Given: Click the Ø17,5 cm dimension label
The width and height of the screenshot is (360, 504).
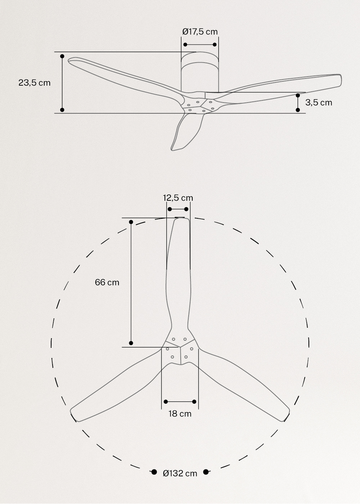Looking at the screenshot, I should [x=200, y=32].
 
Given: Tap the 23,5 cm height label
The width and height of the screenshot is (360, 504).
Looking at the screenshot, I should [x=35, y=83].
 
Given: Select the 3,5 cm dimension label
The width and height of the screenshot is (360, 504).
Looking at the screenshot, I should [x=319, y=103].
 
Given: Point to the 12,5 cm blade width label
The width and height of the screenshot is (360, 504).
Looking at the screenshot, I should [x=178, y=198].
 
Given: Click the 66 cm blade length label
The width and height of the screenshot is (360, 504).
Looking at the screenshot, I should [x=107, y=282].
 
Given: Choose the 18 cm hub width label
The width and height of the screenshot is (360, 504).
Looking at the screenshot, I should [x=180, y=414].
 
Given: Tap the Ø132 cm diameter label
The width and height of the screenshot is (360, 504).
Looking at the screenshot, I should [x=180, y=473].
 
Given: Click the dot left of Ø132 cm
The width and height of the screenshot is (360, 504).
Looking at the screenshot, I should [x=154, y=472].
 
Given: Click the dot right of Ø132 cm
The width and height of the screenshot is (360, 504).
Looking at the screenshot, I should [x=206, y=472].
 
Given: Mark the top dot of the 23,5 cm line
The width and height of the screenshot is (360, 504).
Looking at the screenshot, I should [x=62, y=56].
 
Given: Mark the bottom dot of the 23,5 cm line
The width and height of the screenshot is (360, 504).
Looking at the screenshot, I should [x=62, y=110].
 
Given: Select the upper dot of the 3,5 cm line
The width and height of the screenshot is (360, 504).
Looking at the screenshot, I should [x=298, y=96].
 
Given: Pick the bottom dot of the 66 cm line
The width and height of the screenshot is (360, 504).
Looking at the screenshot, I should [x=131, y=343].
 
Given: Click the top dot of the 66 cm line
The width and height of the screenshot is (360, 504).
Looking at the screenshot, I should [x=131, y=222].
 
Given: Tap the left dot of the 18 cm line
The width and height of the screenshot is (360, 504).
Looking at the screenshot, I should [x=166, y=402].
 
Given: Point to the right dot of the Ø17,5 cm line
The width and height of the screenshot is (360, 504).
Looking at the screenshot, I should [x=215, y=45].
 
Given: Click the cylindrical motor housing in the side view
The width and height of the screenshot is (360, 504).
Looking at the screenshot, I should [x=200, y=74].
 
